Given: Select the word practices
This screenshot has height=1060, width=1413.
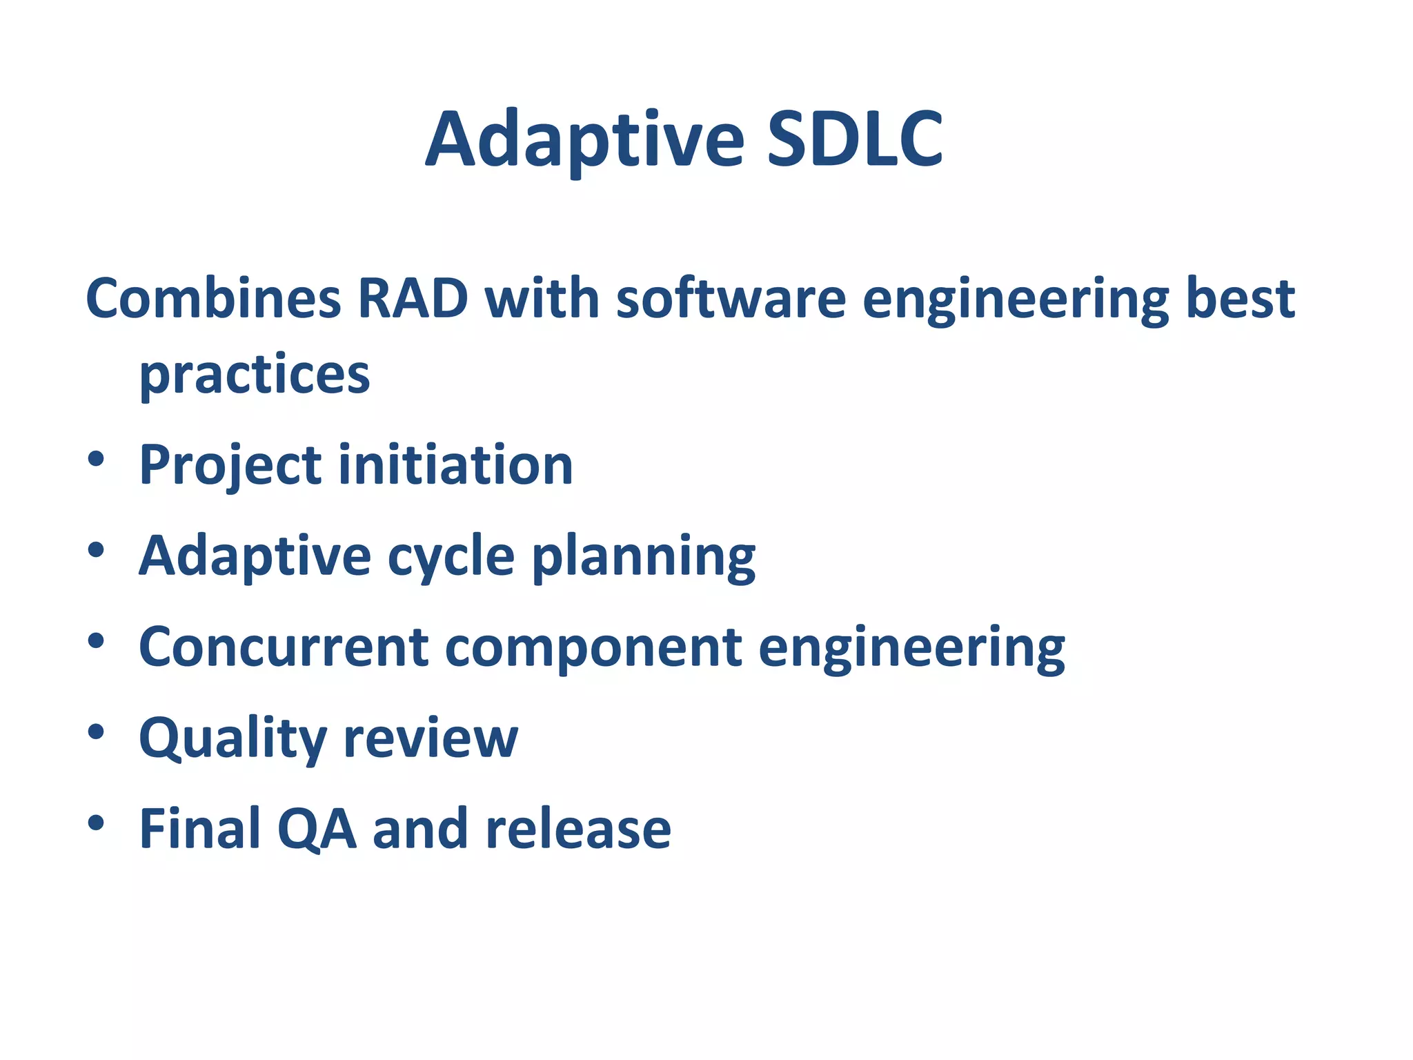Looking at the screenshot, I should pyautogui.click(x=255, y=376).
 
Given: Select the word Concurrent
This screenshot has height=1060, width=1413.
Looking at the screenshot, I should pyautogui.click(x=284, y=647).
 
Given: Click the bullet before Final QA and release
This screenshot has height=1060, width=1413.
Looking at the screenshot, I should pyautogui.click(x=96, y=822).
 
